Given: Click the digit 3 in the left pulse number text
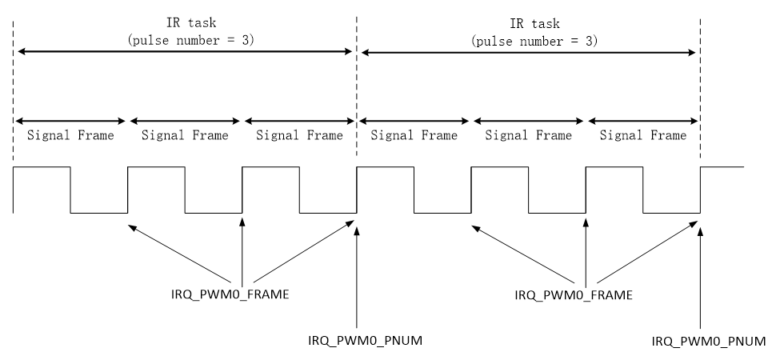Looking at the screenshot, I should [x=245, y=38].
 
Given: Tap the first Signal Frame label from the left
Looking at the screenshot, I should [x=70, y=136].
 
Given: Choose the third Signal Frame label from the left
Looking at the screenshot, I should [x=299, y=136].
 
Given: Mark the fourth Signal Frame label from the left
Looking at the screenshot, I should [x=414, y=136].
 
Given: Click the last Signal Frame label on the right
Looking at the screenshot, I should [x=643, y=136].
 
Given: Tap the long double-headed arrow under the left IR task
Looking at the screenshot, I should [x=185, y=52].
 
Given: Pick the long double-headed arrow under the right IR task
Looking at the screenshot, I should [x=528, y=52].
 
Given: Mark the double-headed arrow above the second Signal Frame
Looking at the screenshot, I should [x=185, y=121].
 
